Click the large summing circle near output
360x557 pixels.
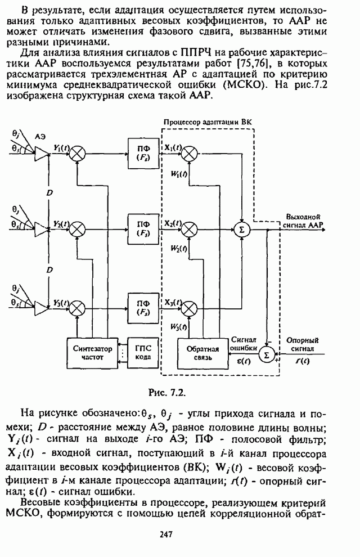242,229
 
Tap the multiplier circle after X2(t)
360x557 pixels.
190,229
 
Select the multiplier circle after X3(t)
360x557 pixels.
190,307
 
